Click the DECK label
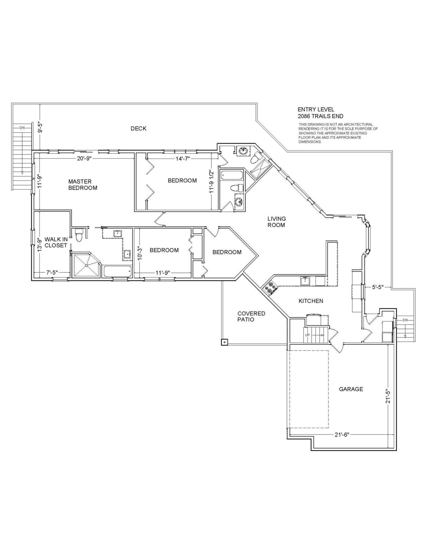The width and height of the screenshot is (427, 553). coord(138,128)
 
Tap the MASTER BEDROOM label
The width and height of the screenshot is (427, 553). coord(83,185)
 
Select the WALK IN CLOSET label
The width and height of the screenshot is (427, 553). coord(56,242)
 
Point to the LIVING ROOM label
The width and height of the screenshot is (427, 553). coord(276,222)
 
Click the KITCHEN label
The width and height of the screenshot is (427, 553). coord(311,301)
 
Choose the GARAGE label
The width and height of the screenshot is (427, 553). coord(351,389)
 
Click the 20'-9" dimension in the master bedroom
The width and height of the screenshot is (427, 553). coord(84,158)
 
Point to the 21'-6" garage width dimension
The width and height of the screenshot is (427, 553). coord(342,435)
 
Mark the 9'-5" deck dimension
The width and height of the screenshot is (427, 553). coord(40,128)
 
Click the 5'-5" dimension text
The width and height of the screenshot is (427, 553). coord(378,287)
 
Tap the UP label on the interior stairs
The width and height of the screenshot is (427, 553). coord(307,335)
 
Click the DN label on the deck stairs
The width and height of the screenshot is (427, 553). coord(22,128)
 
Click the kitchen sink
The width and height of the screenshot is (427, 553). coord(305,281)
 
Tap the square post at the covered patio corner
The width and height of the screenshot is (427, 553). coord(224,342)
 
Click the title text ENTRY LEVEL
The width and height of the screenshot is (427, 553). coord(316,109)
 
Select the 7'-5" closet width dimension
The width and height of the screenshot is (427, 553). coord(52,273)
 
